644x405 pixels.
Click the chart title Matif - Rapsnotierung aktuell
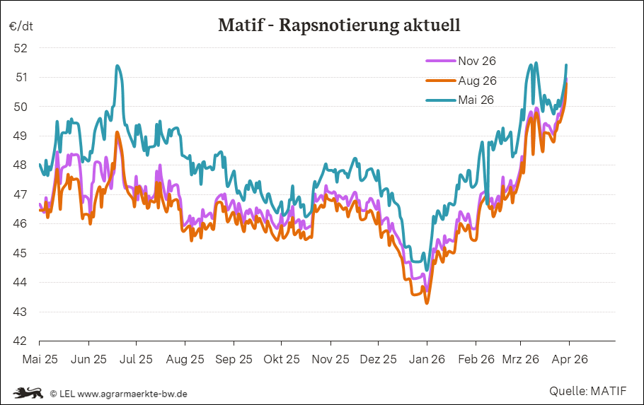[x=339, y=26]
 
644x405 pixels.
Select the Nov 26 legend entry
[x=477, y=61]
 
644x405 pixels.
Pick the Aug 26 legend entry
[x=477, y=81]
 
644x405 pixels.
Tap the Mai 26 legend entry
[x=476, y=100]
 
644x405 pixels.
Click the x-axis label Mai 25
[x=40, y=359]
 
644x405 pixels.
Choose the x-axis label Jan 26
[x=427, y=359]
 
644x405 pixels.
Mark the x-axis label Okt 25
[x=282, y=359]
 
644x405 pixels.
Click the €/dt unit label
[x=21, y=26]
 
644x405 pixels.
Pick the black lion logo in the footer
[x=28, y=392]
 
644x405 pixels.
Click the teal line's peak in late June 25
[x=117, y=66]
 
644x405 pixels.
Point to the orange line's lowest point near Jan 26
[x=427, y=303]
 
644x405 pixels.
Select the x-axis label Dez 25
[x=378, y=359]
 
